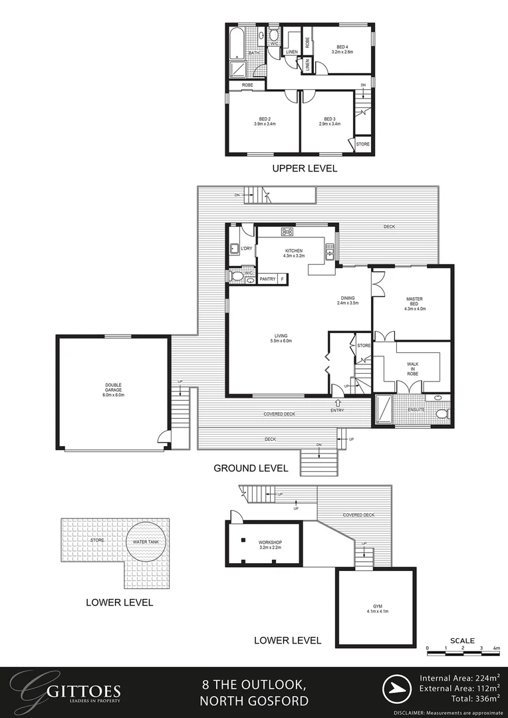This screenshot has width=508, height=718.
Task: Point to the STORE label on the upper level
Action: (x=362, y=144)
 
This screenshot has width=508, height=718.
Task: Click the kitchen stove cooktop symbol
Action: (x=288, y=232)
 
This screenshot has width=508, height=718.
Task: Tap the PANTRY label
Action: (x=268, y=279)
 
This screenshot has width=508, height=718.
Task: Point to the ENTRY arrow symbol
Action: (x=338, y=402)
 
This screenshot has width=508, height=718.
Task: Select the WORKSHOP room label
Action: (x=271, y=545)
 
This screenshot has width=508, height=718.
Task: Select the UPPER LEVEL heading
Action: (x=305, y=169)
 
